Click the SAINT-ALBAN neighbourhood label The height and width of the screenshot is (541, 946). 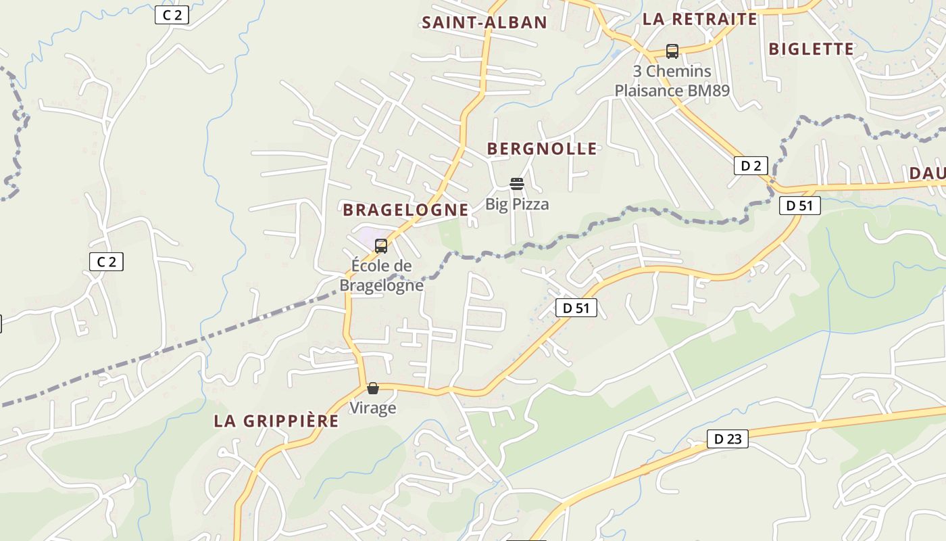click(x=484, y=22)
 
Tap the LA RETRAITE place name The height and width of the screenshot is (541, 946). click(x=699, y=19)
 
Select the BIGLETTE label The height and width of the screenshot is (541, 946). click(x=811, y=49)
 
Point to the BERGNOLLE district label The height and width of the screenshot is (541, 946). click(x=542, y=149)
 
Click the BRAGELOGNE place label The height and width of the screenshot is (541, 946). click(x=405, y=210)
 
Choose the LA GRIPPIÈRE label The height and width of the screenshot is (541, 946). click(x=276, y=421)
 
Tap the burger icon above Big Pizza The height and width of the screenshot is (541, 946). click(x=517, y=184)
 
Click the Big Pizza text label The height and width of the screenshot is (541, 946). click(x=517, y=204)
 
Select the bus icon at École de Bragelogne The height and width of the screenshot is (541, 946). click(x=381, y=246)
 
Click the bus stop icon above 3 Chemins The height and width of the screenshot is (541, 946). click(x=672, y=51)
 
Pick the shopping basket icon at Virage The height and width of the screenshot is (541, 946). click(x=372, y=388)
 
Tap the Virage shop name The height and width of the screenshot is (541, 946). click(x=372, y=408)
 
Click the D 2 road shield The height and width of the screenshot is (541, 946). click(x=751, y=166)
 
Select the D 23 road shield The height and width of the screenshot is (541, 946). click(x=727, y=439)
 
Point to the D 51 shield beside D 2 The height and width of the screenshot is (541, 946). click(x=800, y=206)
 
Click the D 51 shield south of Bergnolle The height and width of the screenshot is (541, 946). click(x=576, y=308)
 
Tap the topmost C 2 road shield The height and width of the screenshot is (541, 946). click(x=172, y=15)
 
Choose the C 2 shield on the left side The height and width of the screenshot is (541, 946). click(x=106, y=261)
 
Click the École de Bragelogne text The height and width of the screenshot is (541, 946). click(x=381, y=275)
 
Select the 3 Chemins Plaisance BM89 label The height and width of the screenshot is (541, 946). click(x=672, y=80)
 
